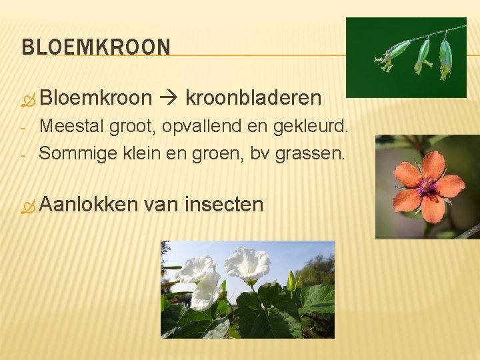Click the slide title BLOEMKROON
[x=96, y=47]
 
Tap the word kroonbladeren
[x=253, y=98]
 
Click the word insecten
[x=224, y=203]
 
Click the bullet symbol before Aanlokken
[x=27, y=207]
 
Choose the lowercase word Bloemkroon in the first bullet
[x=96, y=98]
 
